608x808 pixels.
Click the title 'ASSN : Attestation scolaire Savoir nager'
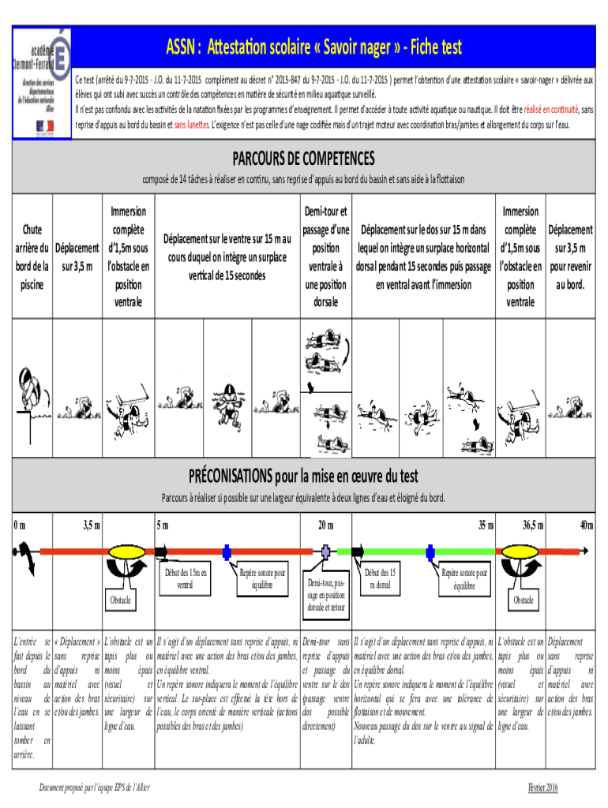pyautogui.click(x=314, y=48)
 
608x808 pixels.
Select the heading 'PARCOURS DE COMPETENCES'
pyautogui.click(x=303, y=158)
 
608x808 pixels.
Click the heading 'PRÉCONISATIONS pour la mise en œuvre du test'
pyautogui.click(x=303, y=477)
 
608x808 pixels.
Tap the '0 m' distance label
pyautogui.click(x=21, y=525)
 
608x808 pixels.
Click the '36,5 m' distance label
pyautogui.click(x=537, y=525)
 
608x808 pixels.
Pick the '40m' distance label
pyautogui.click(x=586, y=525)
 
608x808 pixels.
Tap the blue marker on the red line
pyautogui.click(x=227, y=552)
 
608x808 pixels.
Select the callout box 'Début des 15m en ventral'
pyautogui.click(x=185, y=578)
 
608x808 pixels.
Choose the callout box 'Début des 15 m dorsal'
pyautogui.click(x=381, y=578)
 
